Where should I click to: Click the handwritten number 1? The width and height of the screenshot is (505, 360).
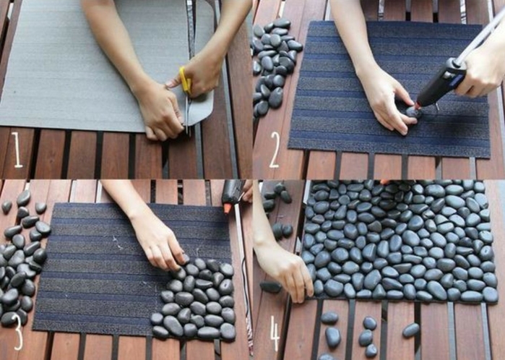(17, 150)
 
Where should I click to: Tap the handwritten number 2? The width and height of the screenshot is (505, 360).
(274, 150)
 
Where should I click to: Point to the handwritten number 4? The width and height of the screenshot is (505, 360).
(275, 333)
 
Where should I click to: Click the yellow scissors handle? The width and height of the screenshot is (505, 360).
(185, 80)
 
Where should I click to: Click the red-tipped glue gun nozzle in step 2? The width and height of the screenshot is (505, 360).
(418, 106)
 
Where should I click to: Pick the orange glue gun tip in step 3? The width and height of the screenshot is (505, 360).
(228, 208)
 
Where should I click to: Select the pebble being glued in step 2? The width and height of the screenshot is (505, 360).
(413, 112)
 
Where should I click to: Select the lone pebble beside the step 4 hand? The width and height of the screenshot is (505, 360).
(270, 287)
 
